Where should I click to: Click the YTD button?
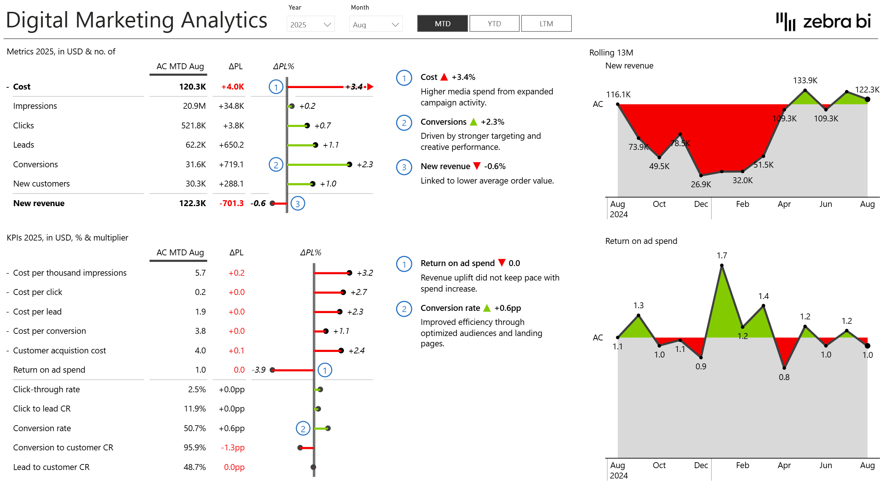494,24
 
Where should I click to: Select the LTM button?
546,24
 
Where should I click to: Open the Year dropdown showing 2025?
311,24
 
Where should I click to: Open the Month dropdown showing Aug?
375,24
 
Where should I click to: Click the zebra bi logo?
823,21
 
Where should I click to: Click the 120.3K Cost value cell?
192,87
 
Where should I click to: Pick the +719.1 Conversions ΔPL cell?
231,164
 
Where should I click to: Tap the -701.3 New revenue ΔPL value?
231,203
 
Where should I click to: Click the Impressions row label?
35,106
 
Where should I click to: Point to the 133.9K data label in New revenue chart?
805,80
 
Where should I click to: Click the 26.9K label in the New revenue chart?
701,184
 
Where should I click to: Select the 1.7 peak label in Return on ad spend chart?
721,255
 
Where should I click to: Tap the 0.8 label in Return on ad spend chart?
784,377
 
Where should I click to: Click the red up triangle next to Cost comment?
444,77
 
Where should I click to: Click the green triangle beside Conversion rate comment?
487,308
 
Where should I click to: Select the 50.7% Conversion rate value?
195,428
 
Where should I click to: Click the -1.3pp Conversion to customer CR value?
232,447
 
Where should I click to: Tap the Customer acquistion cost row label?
59,350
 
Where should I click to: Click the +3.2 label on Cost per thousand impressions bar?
365,273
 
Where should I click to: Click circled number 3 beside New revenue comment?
404,167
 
